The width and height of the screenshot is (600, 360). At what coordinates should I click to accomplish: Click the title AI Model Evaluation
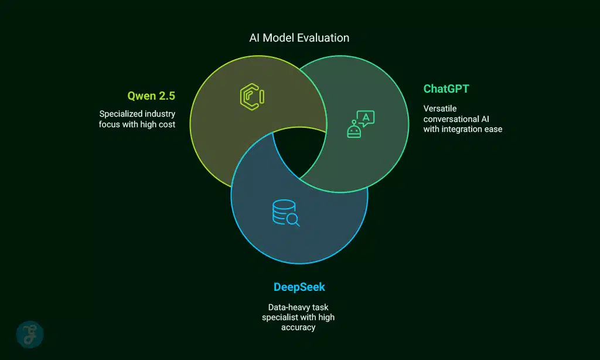(299, 38)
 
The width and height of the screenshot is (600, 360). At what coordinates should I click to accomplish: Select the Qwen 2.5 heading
(151, 96)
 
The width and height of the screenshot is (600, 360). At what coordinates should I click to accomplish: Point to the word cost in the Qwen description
(166, 124)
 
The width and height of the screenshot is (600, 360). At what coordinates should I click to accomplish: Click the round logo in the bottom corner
(29, 334)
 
